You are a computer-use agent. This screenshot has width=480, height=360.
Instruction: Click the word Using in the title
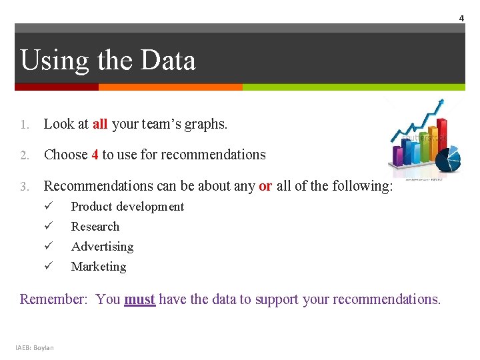54,61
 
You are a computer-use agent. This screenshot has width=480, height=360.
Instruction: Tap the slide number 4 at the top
461,18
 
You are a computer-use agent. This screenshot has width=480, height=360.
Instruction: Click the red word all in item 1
100,124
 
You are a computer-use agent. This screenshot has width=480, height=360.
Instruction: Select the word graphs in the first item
206,125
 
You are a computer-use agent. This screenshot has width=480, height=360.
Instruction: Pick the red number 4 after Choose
95,155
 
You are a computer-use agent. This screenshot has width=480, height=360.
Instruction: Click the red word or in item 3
265,186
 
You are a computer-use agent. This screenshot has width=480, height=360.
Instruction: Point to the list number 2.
25,155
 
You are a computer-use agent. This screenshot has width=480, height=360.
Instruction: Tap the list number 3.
25,187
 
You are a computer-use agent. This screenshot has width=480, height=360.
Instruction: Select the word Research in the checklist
95,227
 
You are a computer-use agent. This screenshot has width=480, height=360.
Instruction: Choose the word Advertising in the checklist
102,247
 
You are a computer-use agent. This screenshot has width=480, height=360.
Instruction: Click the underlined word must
139,299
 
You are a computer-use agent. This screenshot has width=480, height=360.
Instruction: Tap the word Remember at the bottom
53,299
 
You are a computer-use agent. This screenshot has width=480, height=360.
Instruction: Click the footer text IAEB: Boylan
35,347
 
